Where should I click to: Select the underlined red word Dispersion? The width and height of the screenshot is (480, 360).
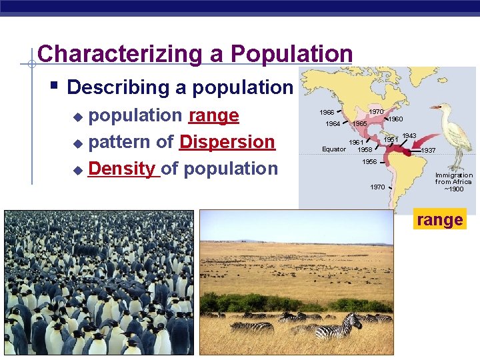coord(227,142)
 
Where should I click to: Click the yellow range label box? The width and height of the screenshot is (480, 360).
coord(439,219)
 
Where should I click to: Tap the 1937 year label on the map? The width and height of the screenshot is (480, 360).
coord(428,151)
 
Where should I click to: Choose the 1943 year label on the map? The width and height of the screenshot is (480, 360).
coord(409,136)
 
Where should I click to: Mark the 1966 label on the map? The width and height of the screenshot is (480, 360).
coord(327,112)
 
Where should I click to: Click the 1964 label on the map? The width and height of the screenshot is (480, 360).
coord(333,123)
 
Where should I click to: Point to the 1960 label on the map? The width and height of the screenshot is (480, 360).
coord(395,119)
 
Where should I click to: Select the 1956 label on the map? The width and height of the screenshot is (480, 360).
coord(369,162)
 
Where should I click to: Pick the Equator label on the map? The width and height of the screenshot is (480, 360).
coord(334,149)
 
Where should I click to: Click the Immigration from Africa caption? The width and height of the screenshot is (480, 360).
coord(454,182)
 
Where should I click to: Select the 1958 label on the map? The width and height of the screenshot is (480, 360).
coord(365,150)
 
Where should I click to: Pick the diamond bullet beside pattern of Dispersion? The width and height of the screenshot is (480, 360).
coord(78,143)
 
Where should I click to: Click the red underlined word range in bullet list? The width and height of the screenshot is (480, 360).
coord(213,115)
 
